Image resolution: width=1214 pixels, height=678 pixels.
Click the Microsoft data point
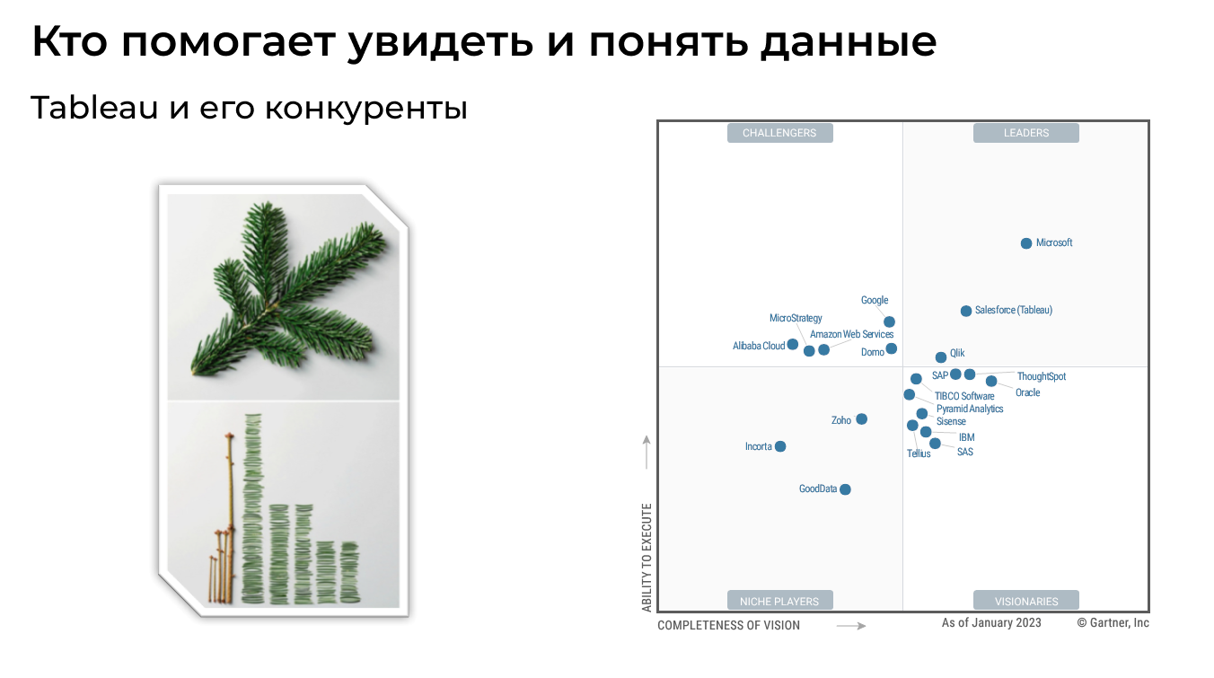pyautogui.click(x=1026, y=243)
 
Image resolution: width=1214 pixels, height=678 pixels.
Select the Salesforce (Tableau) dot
pyautogui.click(x=966, y=311)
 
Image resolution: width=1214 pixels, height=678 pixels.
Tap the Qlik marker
pyautogui.click(x=941, y=357)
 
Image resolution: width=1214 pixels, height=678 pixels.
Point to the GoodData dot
pyautogui.click(x=845, y=489)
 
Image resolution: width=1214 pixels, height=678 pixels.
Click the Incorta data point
pyautogui.click(x=780, y=446)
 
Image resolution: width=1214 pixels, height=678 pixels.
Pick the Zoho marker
pyautogui.click(x=861, y=419)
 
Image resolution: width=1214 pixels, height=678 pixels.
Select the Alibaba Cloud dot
pyautogui.click(x=793, y=345)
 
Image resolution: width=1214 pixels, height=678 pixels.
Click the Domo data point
pyautogui.click(x=891, y=348)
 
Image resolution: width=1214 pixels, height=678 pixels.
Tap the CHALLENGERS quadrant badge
pyautogui.click(x=779, y=133)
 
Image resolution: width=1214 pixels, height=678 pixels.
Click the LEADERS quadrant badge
pyautogui.click(x=1025, y=133)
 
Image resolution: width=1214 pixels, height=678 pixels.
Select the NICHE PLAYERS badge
pyautogui.click(x=779, y=601)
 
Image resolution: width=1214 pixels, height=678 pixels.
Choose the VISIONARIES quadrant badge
pyautogui.click(x=1025, y=601)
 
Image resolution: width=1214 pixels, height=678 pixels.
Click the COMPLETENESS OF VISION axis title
pyautogui.click(x=728, y=625)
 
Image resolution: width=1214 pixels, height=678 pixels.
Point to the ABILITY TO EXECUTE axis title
pyautogui.click(x=647, y=558)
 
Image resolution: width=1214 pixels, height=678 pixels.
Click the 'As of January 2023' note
pyautogui.click(x=991, y=623)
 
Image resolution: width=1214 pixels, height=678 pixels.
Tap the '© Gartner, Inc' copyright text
pyautogui.click(x=1113, y=623)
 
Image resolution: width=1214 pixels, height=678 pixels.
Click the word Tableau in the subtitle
pyautogui.click(x=92, y=109)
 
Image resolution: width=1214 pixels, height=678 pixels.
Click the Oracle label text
pyautogui.click(x=1027, y=393)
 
